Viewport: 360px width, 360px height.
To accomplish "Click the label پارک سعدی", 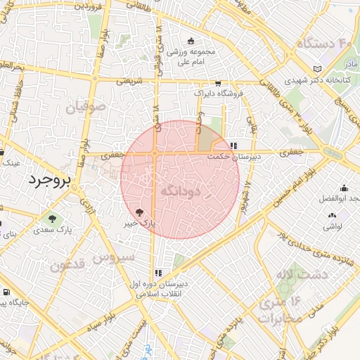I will [x=55, y=230].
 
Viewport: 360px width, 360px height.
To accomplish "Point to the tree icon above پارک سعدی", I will [x=51, y=218].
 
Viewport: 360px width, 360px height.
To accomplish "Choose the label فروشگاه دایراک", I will [x=218, y=93].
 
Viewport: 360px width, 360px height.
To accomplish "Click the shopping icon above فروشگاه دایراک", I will [x=217, y=82].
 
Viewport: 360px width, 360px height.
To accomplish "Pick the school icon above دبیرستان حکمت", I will [x=233, y=146].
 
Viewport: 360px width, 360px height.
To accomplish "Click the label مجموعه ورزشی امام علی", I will [x=191, y=57].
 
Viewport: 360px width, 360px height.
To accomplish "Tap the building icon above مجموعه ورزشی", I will [x=191, y=41].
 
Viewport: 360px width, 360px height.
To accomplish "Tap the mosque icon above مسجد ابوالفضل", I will [x=344, y=188].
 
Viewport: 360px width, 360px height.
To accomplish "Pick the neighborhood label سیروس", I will [x=117, y=257].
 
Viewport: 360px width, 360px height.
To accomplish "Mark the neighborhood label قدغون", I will [x=69, y=266].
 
